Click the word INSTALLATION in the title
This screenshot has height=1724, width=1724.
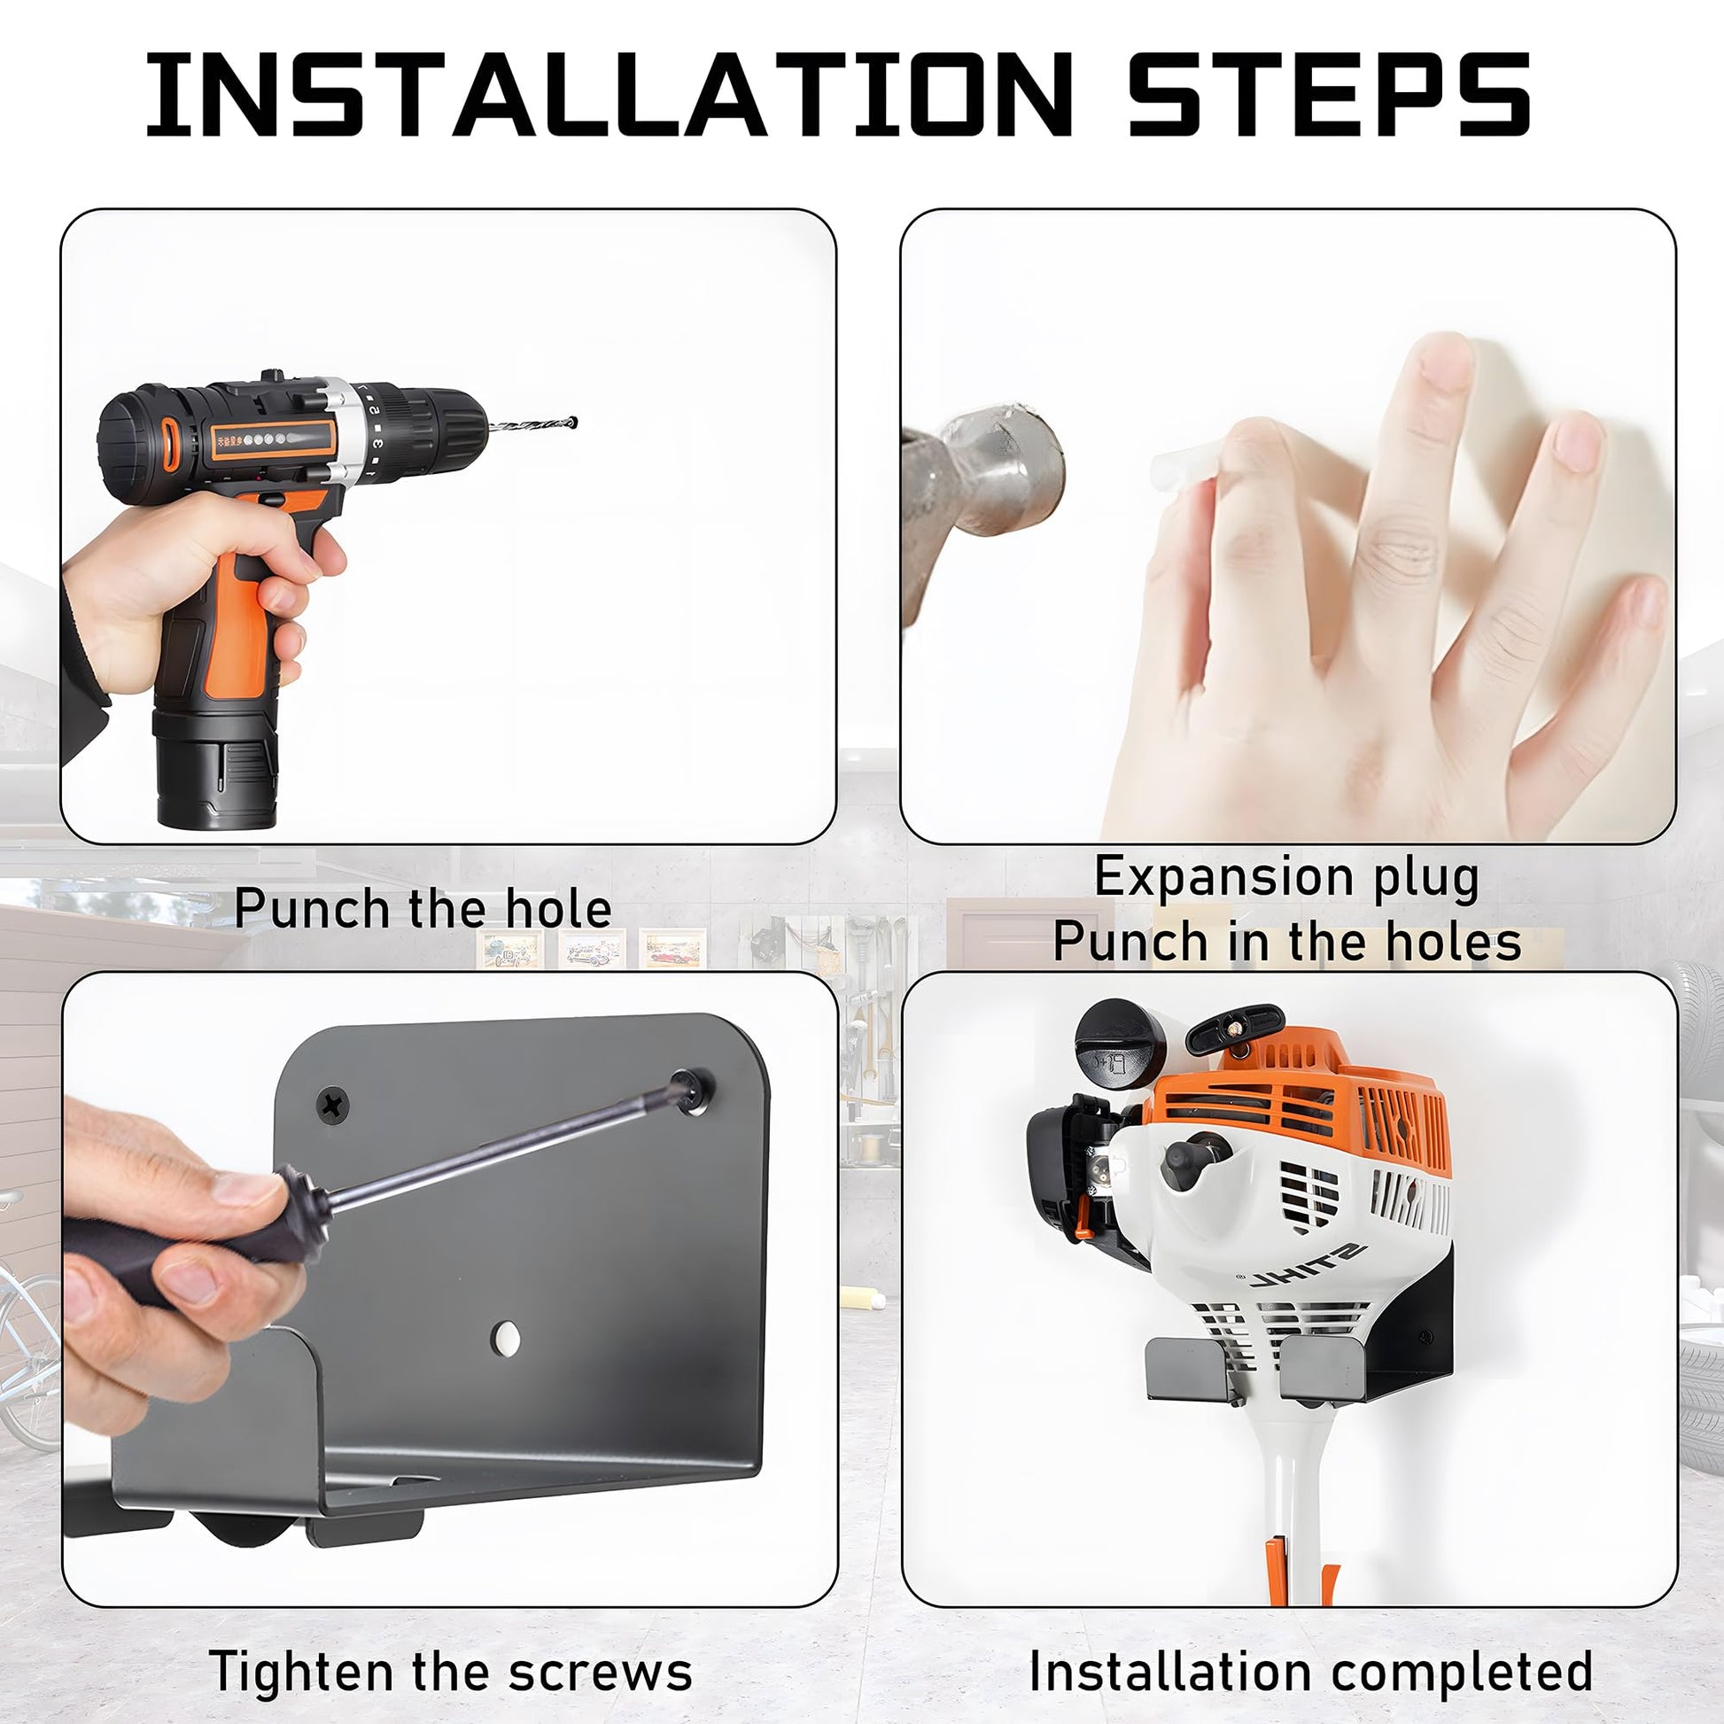[x=609, y=94]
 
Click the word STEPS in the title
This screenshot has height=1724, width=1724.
[x=1331, y=94]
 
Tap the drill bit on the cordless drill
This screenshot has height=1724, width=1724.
[x=532, y=425]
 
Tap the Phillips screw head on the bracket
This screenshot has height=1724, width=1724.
[x=334, y=1105]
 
